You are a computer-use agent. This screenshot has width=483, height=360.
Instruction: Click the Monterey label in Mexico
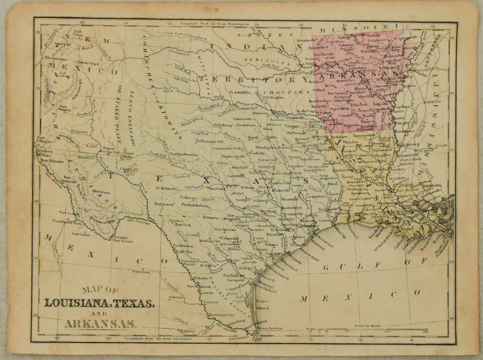(x=188, y=331)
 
